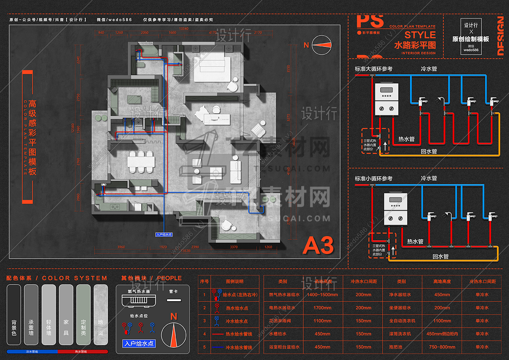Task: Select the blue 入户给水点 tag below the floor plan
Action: pyautogui.click(x=165, y=234)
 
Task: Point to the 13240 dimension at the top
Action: pyautogui.click(x=184, y=28)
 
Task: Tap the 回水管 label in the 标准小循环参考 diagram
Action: pyautogui.click(x=440, y=256)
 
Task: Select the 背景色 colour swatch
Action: pyautogui.click(x=14, y=314)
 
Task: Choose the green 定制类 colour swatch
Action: pyautogui.click(x=83, y=314)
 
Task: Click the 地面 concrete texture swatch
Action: pyautogui.click(x=101, y=314)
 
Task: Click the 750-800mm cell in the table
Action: pyautogui.click(x=442, y=347)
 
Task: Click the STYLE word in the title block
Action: pyautogui.click(x=420, y=35)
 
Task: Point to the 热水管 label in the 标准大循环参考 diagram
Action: pyautogui.click(x=406, y=139)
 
